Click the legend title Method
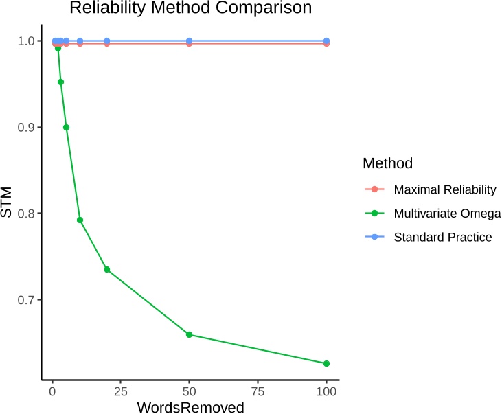click(x=387, y=163)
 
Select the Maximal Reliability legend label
click(x=444, y=189)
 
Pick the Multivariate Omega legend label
click(x=447, y=214)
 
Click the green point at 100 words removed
click(x=326, y=363)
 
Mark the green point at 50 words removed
click(x=189, y=334)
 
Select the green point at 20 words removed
click(x=107, y=269)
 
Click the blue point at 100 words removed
click(x=326, y=41)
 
